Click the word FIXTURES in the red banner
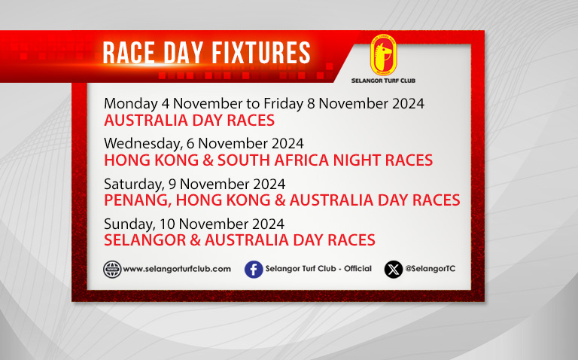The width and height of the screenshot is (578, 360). click(261, 53)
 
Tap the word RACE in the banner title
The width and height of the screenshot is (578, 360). click(128, 53)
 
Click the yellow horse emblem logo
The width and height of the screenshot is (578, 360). click(383, 55)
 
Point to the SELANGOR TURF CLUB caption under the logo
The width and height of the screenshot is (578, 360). click(383, 81)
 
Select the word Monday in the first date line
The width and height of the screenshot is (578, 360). click(131, 104)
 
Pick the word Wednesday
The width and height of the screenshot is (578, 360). click(144, 144)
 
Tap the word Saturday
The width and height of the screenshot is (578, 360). click(135, 184)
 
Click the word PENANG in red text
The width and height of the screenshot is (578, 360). click(138, 200)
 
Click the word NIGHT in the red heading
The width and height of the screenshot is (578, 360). click(357, 160)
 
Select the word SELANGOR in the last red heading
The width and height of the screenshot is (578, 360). click(144, 240)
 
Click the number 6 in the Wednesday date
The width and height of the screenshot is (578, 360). click(190, 144)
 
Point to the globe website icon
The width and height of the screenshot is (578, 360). click(112, 270)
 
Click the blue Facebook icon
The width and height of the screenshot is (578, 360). click(254, 270)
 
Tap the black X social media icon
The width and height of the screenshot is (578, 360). click(394, 270)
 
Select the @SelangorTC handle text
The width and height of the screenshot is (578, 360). click(430, 269)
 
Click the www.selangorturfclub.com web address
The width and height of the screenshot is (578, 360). click(177, 269)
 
